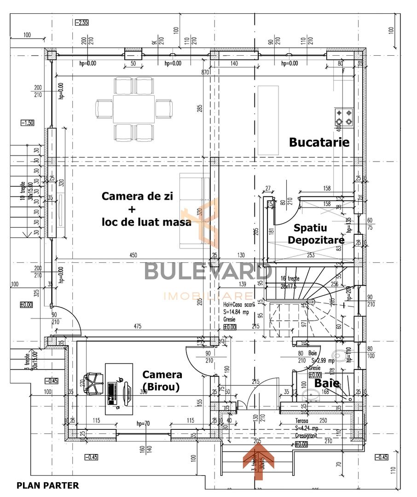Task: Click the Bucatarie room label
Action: tap(319, 142)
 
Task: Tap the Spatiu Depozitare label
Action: tap(319, 234)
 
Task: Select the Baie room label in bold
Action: tap(327, 383)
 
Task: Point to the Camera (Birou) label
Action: tap(162, 381)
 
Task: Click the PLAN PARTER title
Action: tap(48, 485)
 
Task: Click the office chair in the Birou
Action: tap(94, 383)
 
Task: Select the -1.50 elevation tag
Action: tap(27, 123)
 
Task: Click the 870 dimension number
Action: tap(205, 73)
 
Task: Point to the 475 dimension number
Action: tap(138, 327)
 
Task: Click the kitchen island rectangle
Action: tap(268, 120)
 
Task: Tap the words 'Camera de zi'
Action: tap(137, 196)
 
